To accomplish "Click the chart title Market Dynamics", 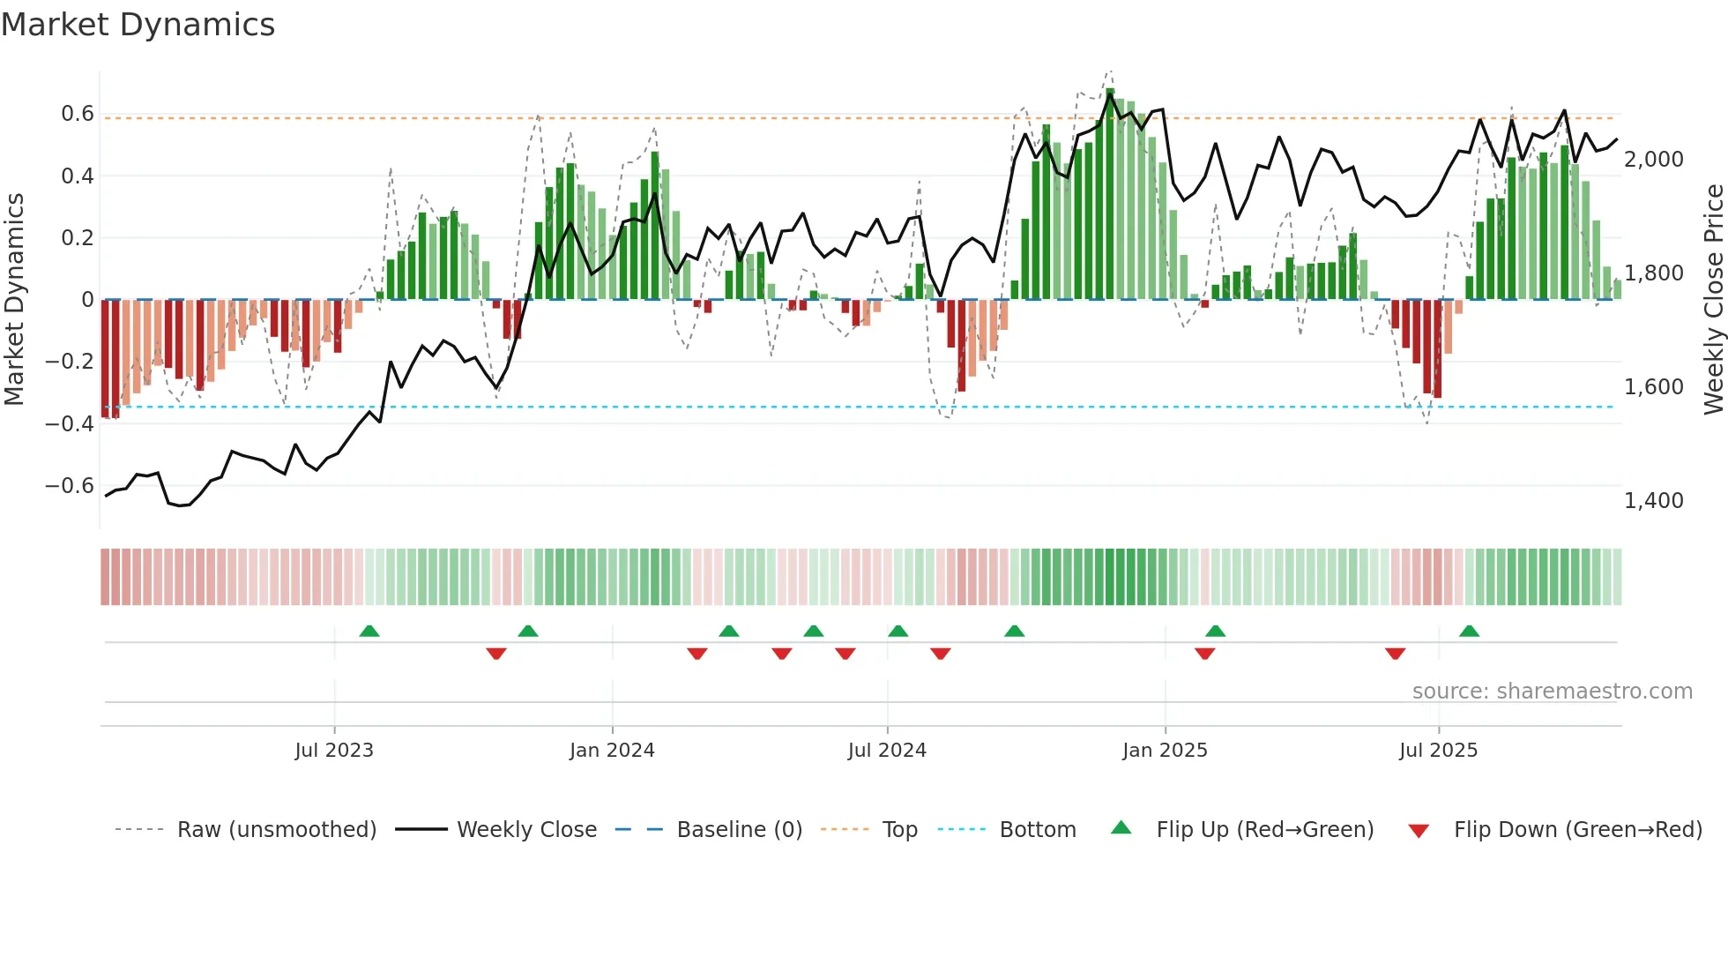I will [x=138, y=25].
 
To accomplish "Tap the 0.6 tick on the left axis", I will [x=78, y=114].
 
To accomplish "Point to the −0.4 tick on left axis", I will [x=70, y=423].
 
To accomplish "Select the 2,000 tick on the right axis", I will [x=1653, y=160].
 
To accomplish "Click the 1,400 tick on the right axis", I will [x=1653, y=501].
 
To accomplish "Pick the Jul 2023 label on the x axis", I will [x=334, y=751].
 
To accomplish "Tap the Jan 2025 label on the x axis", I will [x=1165, y=751].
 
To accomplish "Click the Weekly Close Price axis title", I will [x=1713, y=300].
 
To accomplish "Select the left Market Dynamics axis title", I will [x=14, y=300].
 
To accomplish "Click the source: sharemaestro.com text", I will [x=1552, y=692].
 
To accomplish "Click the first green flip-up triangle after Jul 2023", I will [x=369, y=632].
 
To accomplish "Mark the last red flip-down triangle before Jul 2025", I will [x=1395, y=654].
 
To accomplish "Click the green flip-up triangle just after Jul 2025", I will [x=1469, y=632].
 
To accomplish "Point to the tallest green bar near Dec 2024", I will [x=1110, y=194].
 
